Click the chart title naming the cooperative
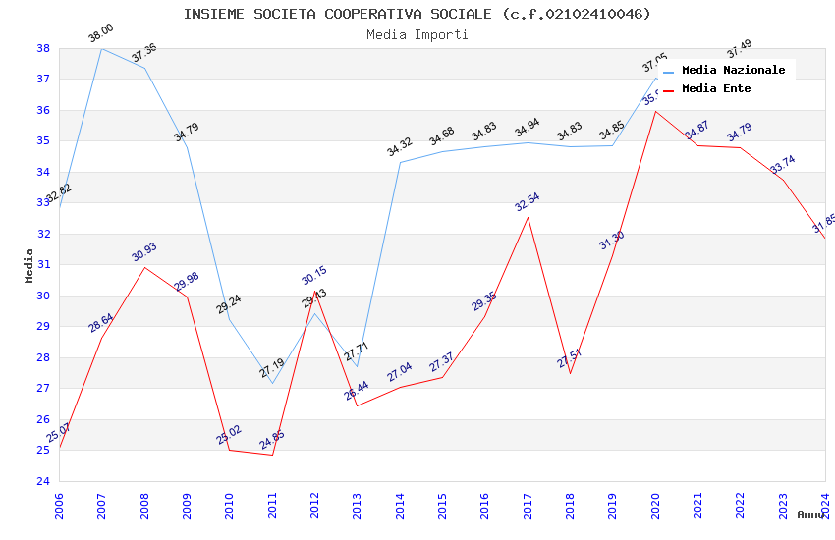pyautogui.click(x=417, y=14)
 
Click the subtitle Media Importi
pyautogui.click(x=417, y=35)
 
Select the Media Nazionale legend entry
pyautogui.click(x=733, y=71)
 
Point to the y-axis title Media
pyautogui.click(x=28, y=265)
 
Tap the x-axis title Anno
pyautogui.click(x=810, y=514)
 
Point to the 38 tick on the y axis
pyautogui.click(x=43, y=48)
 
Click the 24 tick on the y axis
pyautogui.click(x=43, y=481)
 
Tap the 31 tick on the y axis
pyautogui.click(x=43, y=265)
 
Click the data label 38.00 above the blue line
pyautogui.click(x=101, y=34)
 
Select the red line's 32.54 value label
pyautogui.click(x=528, y=202)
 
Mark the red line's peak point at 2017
pyautogui.click(x=528, y=217)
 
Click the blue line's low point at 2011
pyautogui.click(x=272, y=383)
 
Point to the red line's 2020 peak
pyautogui.click(x=655, y=111)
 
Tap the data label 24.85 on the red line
pyautogui.click(x=272, y=441)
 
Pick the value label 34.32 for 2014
pyautogui.click(x=400, y=148)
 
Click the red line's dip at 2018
pyautogui.click(x=570, y=373)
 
